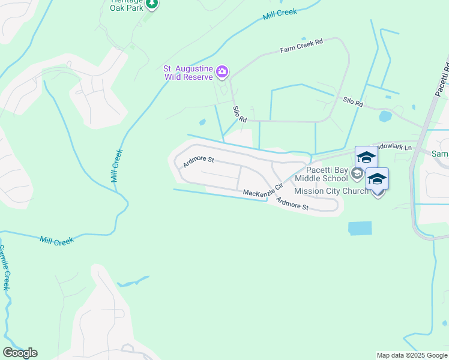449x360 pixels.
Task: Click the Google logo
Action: tap(20, 353)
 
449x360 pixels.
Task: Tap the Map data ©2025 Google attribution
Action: tap(412, 355)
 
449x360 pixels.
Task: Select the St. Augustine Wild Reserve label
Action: tap(190, 73)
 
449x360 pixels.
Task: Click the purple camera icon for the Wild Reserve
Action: tap(223, 73)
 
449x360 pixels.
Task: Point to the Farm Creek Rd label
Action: tap(301, 46)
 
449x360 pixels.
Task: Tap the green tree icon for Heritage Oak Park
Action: tap(152, 4)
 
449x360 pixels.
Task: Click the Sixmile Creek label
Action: tap(5, 267)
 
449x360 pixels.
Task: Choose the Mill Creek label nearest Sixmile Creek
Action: tap(56, 241)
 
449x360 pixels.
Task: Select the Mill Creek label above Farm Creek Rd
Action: tap(280, 14)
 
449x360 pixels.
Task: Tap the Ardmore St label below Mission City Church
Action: tap(292, 203)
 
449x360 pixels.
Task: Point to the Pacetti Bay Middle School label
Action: tap(321, 174)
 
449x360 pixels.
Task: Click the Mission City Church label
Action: tap(331, 191)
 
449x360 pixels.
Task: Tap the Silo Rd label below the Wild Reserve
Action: tap(240, 114)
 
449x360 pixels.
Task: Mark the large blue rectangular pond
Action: tap(360, 228)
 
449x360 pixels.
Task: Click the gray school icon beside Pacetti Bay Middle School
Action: tap(357, 174)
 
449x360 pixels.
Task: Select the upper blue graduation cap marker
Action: tap(366, 157)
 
